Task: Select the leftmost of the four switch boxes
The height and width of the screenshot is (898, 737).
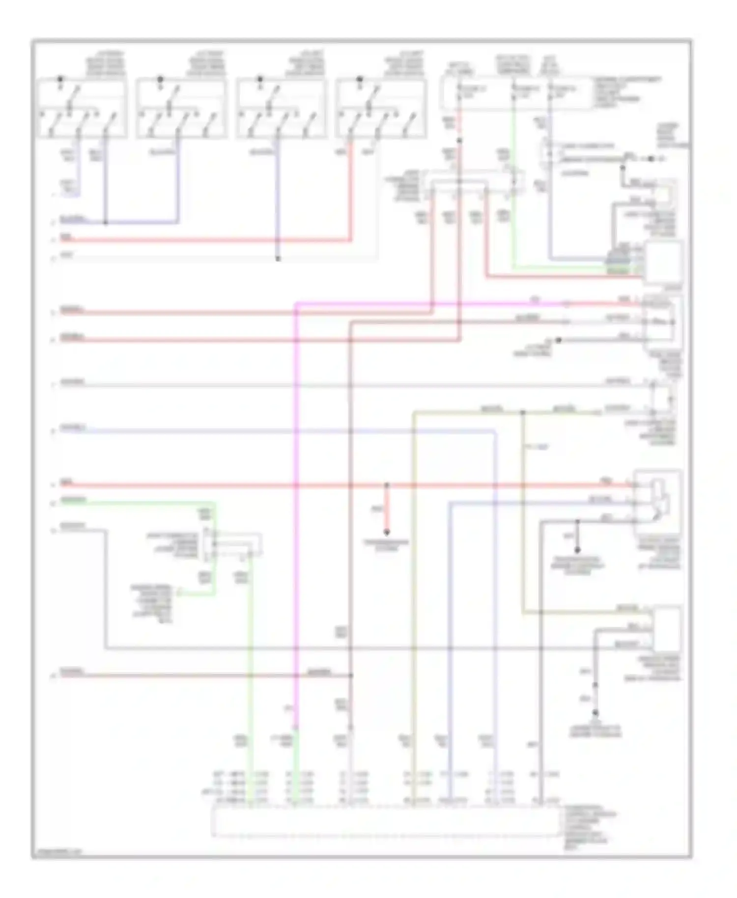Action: click(x=82, y=108)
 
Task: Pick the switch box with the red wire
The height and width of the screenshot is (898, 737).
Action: click(x=381, y=108)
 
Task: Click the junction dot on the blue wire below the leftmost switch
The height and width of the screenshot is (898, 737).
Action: click(x=106, y=222)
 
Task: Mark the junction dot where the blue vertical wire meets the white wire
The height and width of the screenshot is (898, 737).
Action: click(x=278, y=258)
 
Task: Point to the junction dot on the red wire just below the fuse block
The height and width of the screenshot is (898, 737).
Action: click(x=459, y=140)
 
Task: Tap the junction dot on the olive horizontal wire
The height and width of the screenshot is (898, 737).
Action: click(x=523, y=413)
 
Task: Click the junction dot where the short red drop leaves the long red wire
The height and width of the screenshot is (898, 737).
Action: click(x=387, y=485)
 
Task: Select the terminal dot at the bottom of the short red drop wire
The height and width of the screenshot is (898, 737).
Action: click(x=387, y=532)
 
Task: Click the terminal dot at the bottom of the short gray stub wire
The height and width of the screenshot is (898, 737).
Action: click(x=577, y=549)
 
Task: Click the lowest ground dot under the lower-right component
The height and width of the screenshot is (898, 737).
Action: click(x=595, y=713)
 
